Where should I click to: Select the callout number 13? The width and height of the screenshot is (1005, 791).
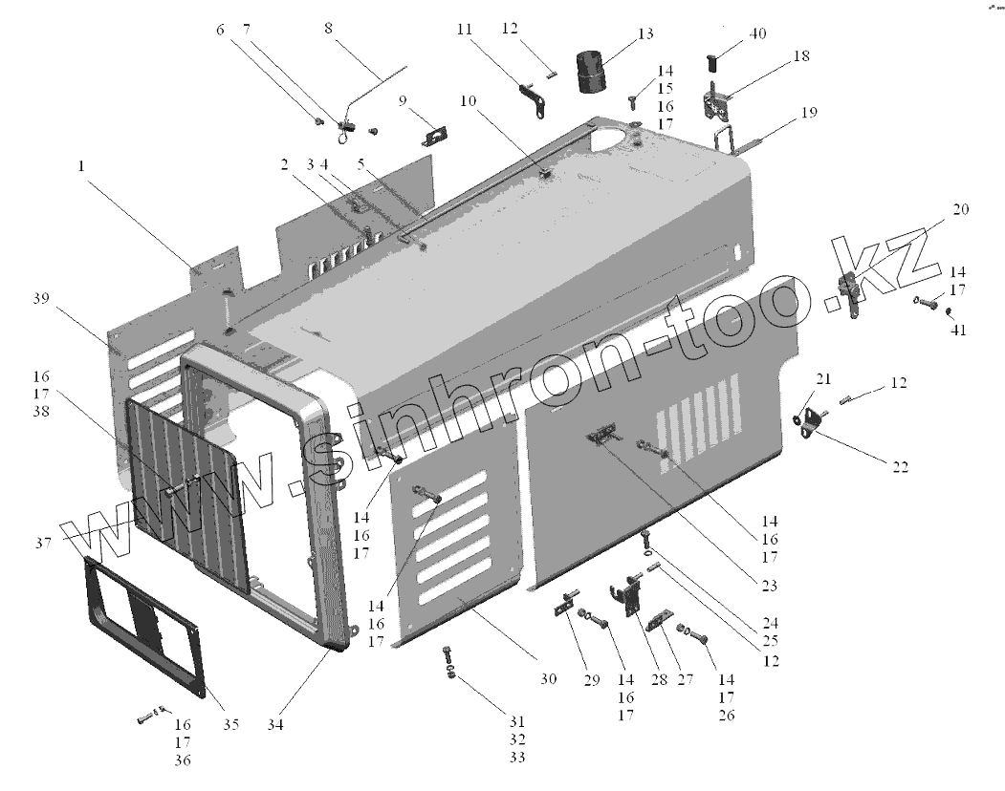[645, 33]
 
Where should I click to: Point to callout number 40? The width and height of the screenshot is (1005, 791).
[757, 33]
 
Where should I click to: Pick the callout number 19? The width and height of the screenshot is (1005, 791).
[809, 113]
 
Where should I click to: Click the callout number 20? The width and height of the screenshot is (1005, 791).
[961, 209]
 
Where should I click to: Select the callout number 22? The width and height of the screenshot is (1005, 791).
[900, 466]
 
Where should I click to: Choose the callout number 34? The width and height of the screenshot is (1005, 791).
[275, 724]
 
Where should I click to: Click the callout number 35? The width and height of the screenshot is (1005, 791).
[230, 724]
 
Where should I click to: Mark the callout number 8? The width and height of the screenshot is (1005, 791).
[329, 28]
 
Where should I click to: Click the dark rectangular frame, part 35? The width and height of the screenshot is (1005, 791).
[143, 621]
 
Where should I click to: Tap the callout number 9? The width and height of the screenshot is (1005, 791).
[403, 100]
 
